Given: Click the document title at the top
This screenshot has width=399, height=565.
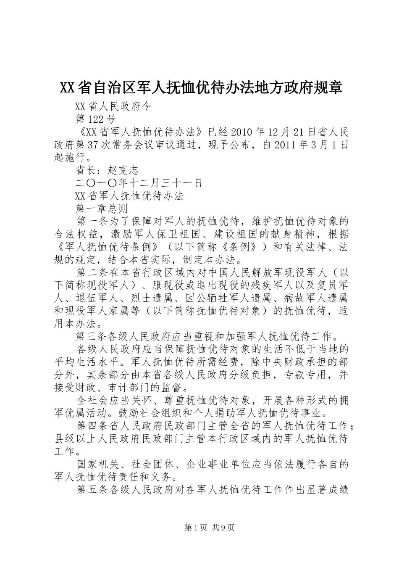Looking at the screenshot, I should coord(201,88).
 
